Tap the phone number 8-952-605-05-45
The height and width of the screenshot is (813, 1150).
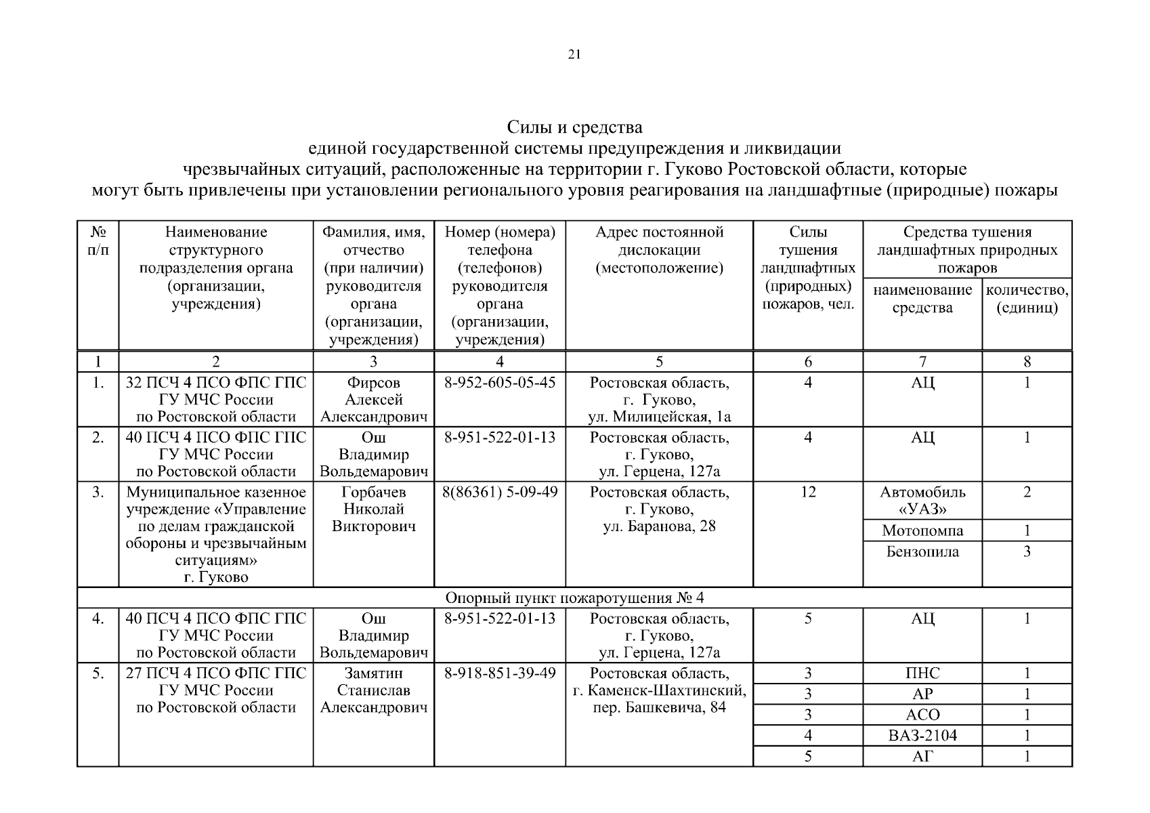click(499, 383)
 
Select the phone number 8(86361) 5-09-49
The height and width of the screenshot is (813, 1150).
click(499, 492)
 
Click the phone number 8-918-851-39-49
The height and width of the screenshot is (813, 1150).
click(499, 673)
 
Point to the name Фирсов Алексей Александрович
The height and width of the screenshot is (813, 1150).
click(373, 400)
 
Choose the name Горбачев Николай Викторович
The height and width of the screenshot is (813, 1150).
click(373, 509)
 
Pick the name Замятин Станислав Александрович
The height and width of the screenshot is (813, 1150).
click(373, 690)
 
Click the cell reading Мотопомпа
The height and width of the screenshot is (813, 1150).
click(922, 530)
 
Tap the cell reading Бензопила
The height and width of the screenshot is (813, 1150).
click(922, 551)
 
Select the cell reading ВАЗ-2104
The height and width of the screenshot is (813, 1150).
click(922, 735)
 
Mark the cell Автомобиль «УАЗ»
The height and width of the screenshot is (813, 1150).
click(922, 501)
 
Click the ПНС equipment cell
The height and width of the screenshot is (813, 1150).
click(922, 673)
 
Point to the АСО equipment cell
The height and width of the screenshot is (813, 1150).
click(922, 715)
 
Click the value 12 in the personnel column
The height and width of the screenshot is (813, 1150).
click(807, 492)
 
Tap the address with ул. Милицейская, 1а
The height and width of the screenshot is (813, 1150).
click(659, 400)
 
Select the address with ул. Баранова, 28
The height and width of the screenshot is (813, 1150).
click(659, 509)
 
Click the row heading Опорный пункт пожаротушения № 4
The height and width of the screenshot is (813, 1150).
click(574, 598)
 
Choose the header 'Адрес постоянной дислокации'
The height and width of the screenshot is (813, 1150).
click(659, 250)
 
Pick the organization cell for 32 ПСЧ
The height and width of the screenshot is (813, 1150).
click(216, 400)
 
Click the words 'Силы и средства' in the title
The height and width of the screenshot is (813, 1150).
click(574, 127)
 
